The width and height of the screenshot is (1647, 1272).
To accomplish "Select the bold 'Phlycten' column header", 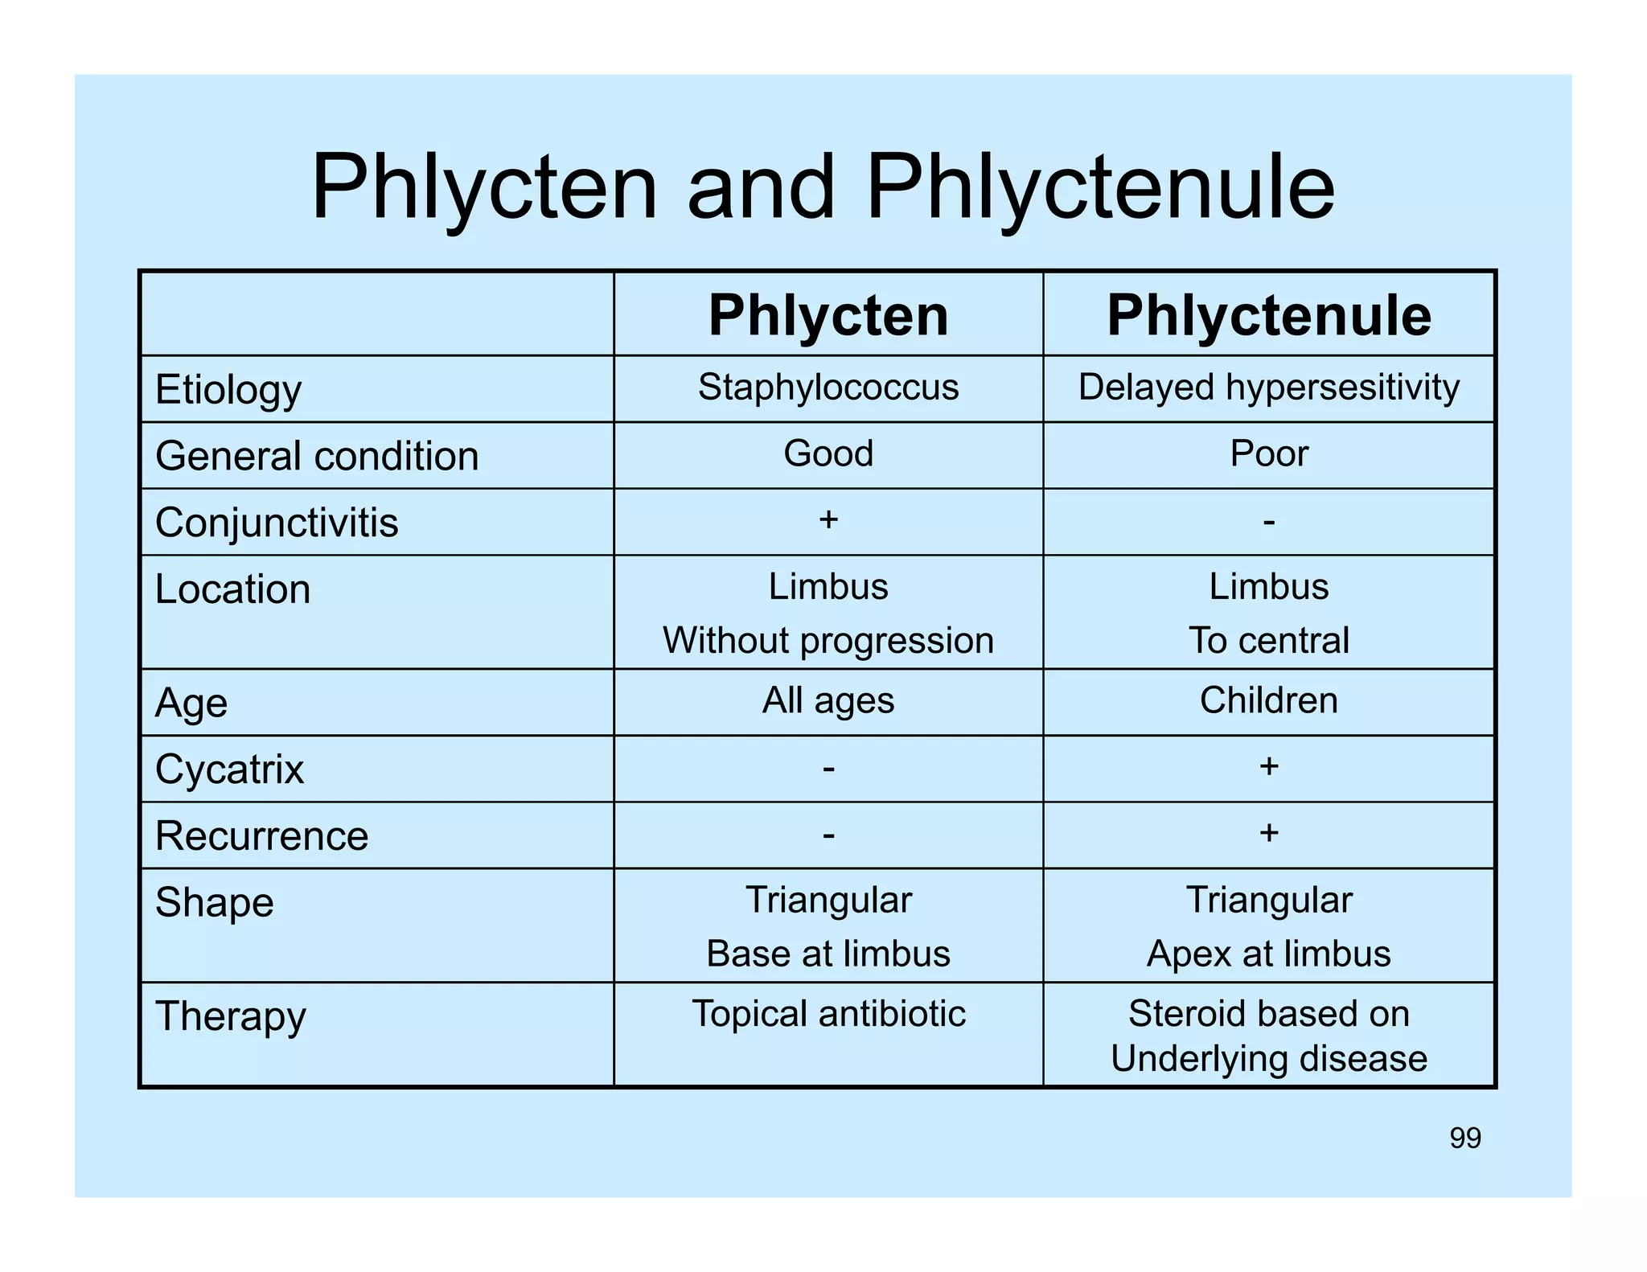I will [828, 315].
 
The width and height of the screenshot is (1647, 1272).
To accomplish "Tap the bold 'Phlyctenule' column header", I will [1268, 315].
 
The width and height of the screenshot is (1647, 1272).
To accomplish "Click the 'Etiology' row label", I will [228, 390].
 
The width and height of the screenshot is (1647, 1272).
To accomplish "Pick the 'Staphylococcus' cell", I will [828, 388].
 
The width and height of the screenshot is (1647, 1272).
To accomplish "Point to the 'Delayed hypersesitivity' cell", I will [1268, 388].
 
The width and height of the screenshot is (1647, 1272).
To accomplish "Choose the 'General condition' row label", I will [317, 456].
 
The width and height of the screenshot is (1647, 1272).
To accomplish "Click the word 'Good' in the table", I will [828, 453].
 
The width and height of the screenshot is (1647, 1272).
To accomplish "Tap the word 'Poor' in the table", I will [1268, 453].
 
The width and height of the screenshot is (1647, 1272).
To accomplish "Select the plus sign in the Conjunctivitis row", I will [828, 519].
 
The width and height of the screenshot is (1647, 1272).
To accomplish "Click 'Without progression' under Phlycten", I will [828, 641].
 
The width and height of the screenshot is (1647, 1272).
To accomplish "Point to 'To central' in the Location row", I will [1268, 641].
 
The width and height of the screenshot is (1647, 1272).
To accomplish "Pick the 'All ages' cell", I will [828, 700].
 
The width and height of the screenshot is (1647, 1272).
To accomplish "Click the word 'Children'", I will [1268, 700].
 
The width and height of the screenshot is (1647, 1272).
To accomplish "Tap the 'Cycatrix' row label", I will [229, 769].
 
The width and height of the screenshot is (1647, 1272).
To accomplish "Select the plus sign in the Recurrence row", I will [1268, 833].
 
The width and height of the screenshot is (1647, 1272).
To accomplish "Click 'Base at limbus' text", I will [828, 954].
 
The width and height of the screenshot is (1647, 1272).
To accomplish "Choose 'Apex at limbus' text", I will [1268, 954].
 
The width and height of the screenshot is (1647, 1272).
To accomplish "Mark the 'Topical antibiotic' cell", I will [828, 1014].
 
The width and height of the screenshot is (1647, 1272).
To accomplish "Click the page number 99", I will [1465, 1139].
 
